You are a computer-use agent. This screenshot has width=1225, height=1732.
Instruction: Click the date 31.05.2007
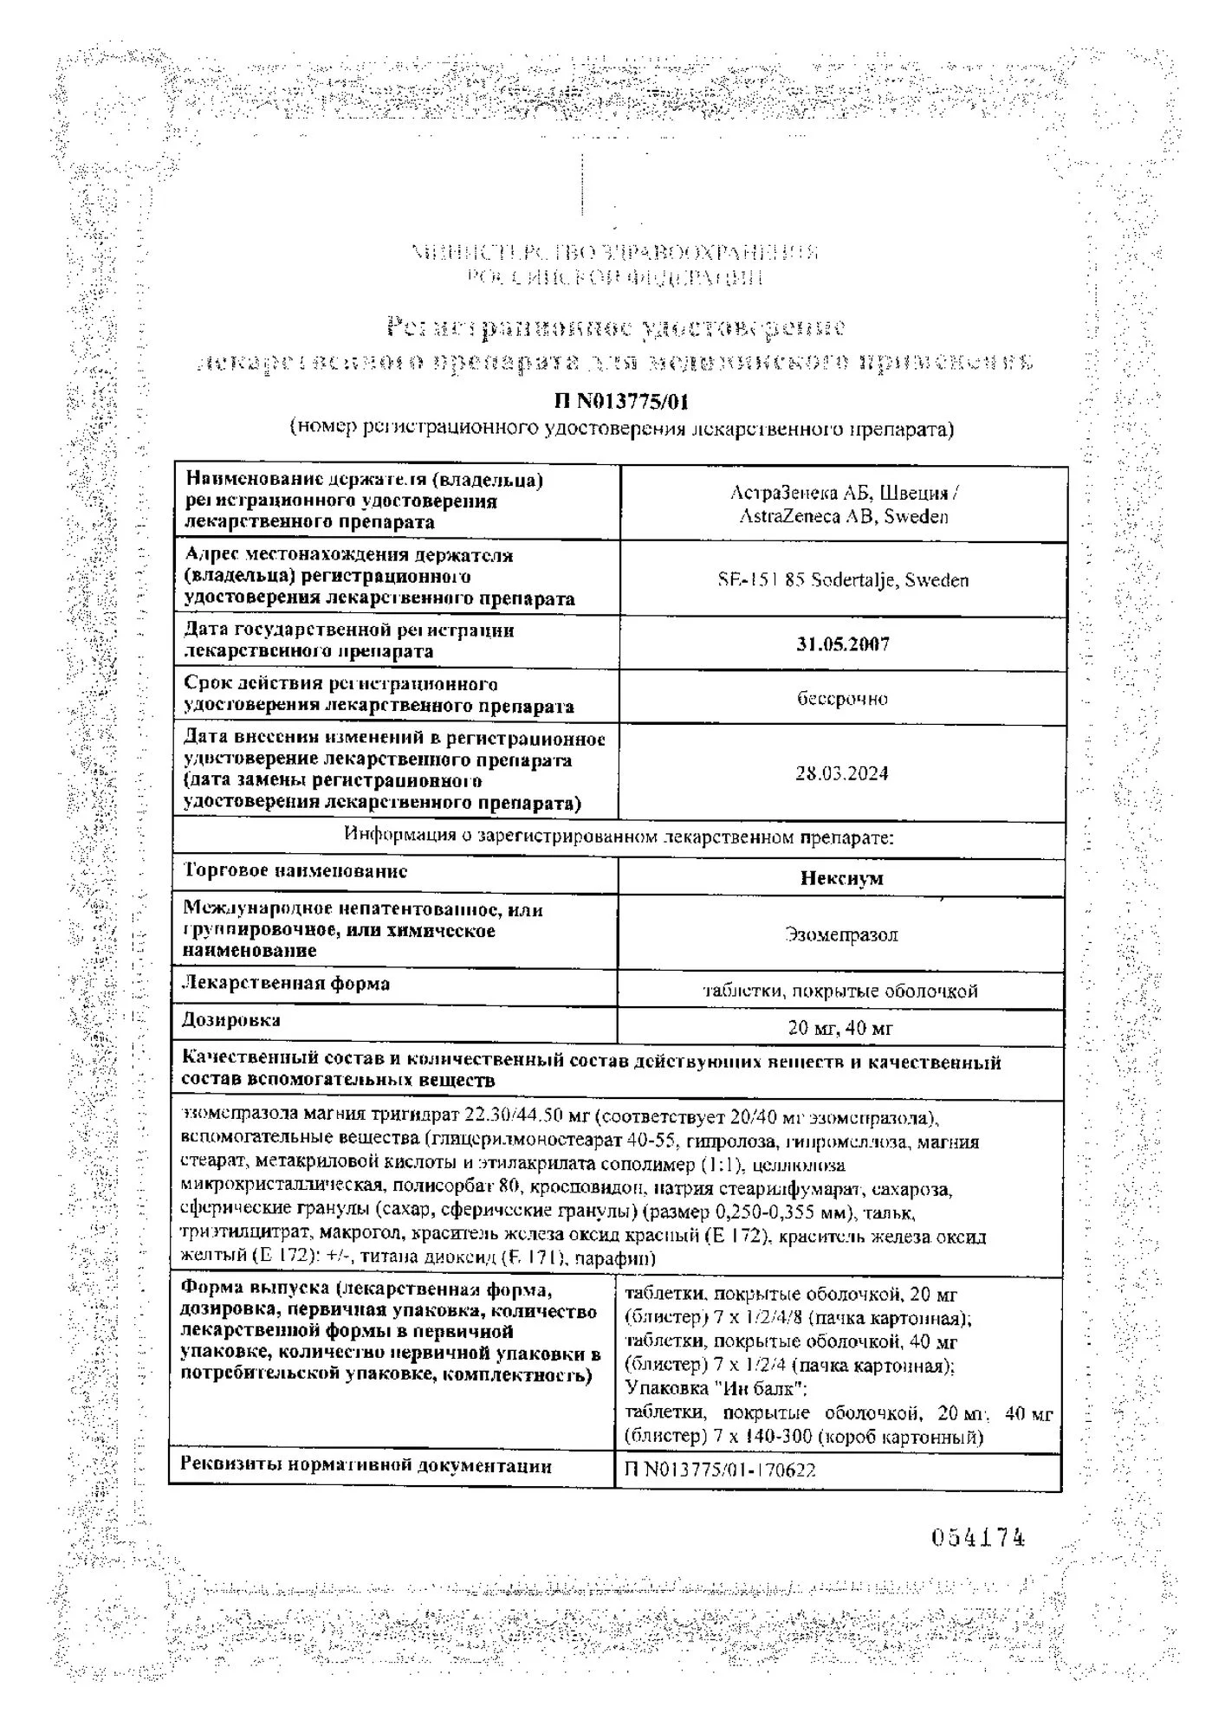[x=842, y=644]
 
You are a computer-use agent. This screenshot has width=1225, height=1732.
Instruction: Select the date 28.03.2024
[x=842, y=773]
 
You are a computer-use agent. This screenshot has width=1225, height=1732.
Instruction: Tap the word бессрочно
[x=842, y=698]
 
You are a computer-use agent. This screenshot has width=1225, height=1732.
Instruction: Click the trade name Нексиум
[x=841, y=878]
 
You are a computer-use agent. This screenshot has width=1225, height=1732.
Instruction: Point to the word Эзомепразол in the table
[x=841, y=934]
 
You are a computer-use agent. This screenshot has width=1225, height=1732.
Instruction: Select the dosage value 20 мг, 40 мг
[x=840, y=1028]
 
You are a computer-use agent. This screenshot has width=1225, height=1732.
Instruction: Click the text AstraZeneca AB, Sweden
[x=843, y=516]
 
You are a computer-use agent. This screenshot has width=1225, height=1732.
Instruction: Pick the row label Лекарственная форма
[x=286, y=984]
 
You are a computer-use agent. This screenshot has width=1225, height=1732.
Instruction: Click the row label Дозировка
[x=231, y=1021]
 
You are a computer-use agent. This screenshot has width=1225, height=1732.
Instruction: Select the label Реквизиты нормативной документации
[x=366, y=1466]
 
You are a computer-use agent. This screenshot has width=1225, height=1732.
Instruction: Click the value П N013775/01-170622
[x=720, y=1470]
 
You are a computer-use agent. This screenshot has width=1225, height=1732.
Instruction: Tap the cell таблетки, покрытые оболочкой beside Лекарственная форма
[x=840, y=991]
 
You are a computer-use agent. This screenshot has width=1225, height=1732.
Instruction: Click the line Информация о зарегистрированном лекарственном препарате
[x=619, y=836]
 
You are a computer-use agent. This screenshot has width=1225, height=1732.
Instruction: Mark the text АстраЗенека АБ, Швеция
[x=843, y=493]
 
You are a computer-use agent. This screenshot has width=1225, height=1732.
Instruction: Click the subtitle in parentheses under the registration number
[x=621, y=429]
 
